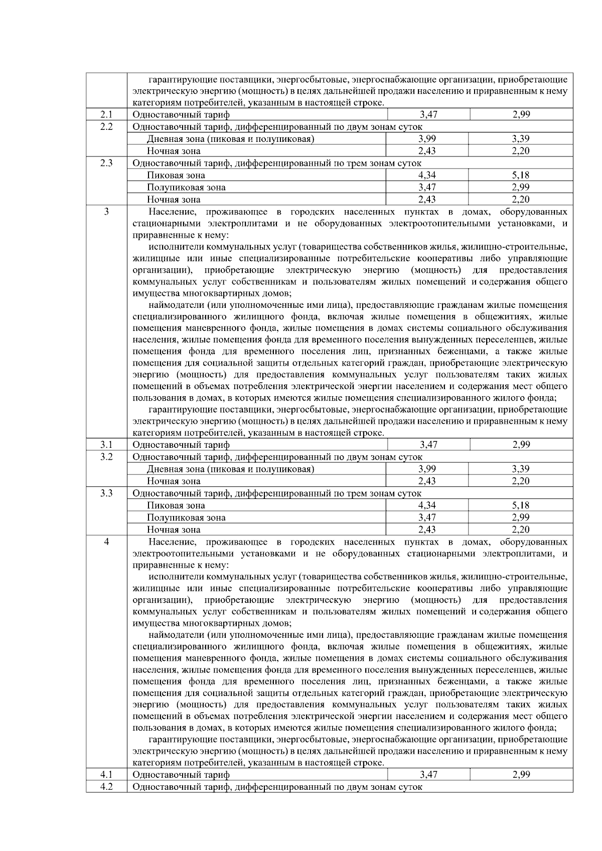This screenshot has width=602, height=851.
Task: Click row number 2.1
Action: [106, 115]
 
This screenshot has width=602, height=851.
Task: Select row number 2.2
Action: [106, 127]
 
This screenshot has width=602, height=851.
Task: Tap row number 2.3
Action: [106, 163]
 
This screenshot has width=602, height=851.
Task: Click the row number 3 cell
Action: [106, 212]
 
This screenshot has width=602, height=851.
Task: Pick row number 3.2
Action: [106, 457]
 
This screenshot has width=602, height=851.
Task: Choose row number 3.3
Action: [106, 493]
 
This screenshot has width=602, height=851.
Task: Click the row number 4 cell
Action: [106, 542]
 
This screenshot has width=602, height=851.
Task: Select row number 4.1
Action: [106, 775]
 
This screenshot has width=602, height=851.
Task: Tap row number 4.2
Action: [106, 787]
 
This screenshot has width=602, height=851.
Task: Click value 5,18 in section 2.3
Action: [521, 176]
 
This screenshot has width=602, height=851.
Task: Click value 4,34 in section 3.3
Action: [427, 505]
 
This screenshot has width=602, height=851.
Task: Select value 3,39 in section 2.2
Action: [521, 139]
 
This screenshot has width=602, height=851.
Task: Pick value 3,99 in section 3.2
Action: [427, 469]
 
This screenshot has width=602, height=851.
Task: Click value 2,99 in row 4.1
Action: [521, 775]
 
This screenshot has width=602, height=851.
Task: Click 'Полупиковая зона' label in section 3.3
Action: [186, 518]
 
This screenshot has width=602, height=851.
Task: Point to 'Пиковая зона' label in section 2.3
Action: [176, 176]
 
